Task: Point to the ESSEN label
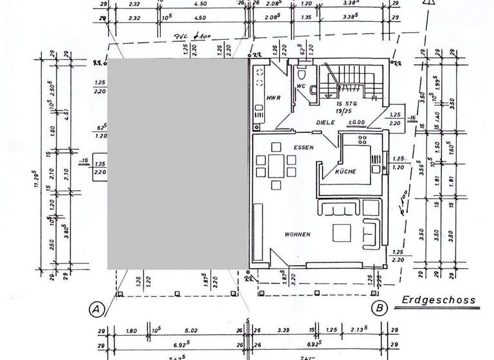[303, 147]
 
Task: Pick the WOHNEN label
[297, 235]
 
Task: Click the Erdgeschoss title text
[439, 300]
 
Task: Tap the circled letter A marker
[96, 309]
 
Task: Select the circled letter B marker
[380, 309]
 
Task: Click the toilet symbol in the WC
[310, 91]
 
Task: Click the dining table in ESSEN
[277, 165]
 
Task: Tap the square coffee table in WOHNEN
[340, 232]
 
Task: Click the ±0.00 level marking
[356, 122]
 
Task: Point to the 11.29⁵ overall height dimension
[37, 177]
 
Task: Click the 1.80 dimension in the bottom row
[132, 331]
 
